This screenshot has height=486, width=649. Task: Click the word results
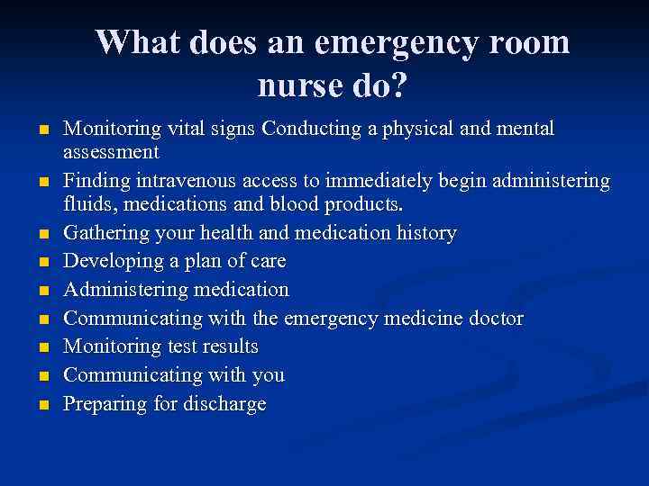[228, 346]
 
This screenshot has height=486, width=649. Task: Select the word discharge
[226, 403]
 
